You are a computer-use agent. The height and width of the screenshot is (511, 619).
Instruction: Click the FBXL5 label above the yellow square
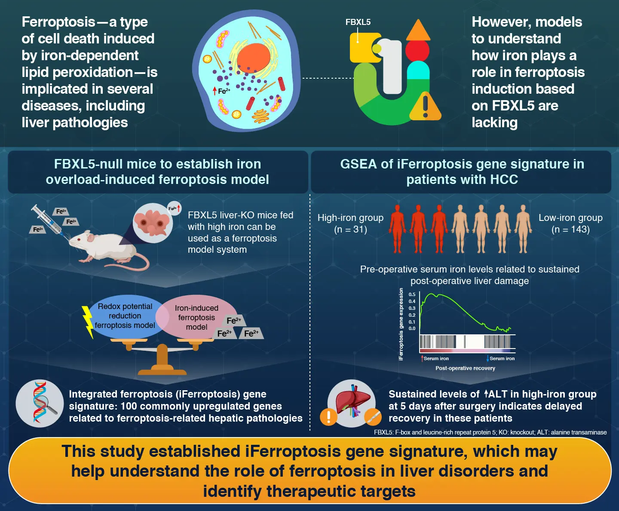(x=358, y=22)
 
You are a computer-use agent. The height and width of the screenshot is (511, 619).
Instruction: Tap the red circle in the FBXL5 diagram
(x=417, y=50)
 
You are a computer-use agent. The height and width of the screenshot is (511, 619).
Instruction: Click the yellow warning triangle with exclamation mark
(x=425, y=107)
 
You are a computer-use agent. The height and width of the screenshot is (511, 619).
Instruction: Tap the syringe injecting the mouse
(x=48, y=220)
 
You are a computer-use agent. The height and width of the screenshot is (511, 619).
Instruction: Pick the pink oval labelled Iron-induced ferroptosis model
(x=196, y=317)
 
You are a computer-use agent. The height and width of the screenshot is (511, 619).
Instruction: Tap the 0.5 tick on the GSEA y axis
(x=412, y=294)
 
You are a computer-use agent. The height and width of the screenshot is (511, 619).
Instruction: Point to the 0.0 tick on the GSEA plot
(x=412, y=328)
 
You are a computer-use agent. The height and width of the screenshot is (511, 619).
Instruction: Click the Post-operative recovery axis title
(x=465, y=368)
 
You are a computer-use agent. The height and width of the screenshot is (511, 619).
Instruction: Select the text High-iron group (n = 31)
(x=350, y=223)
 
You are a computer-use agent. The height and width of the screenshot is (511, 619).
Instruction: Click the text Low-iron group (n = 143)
(x=570, y=223)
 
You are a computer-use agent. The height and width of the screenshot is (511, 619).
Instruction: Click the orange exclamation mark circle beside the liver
(x=329, y=416)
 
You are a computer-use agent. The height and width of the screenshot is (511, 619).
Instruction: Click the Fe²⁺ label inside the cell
(x=224, y=91)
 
